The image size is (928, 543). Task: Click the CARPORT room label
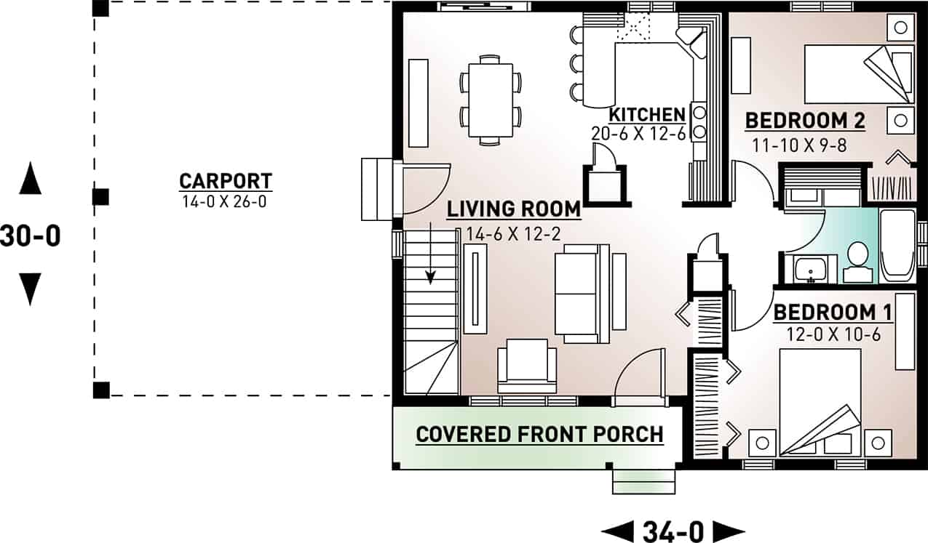click(x=226, y=180)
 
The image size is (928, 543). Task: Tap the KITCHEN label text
click(x=647, y=115)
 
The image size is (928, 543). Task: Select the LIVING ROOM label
click(x=514, y=209)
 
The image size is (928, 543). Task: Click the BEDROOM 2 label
click(x=805, y=121)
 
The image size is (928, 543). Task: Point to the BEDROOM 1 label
click(x=833, y=313)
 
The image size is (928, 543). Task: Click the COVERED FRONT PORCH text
click(x=539, y=435)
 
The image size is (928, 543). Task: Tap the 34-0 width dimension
click(x=673, y=531)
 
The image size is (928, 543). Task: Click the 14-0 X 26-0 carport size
click(x=226, y=201)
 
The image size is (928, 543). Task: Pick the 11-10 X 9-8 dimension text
click(x=799, y=145)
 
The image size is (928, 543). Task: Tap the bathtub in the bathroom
click(x=897, y=246)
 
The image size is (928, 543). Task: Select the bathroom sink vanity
click(x=809, y=269)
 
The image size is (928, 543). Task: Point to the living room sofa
click(x=582, y=293)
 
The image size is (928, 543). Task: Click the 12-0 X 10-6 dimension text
click(x=833, y=334)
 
